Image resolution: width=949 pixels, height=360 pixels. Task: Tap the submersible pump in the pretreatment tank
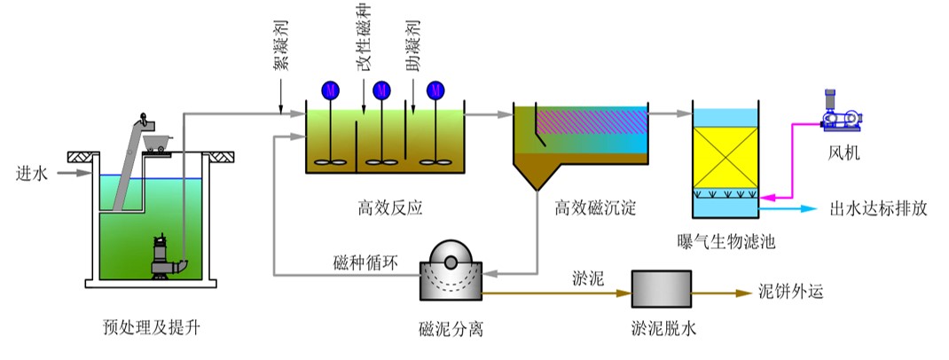click(163, 255)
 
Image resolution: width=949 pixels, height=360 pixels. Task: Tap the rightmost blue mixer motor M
click(435, 90)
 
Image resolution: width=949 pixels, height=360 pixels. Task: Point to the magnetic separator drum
click(451, 268)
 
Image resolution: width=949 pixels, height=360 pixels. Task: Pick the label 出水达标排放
click(878, 209)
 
